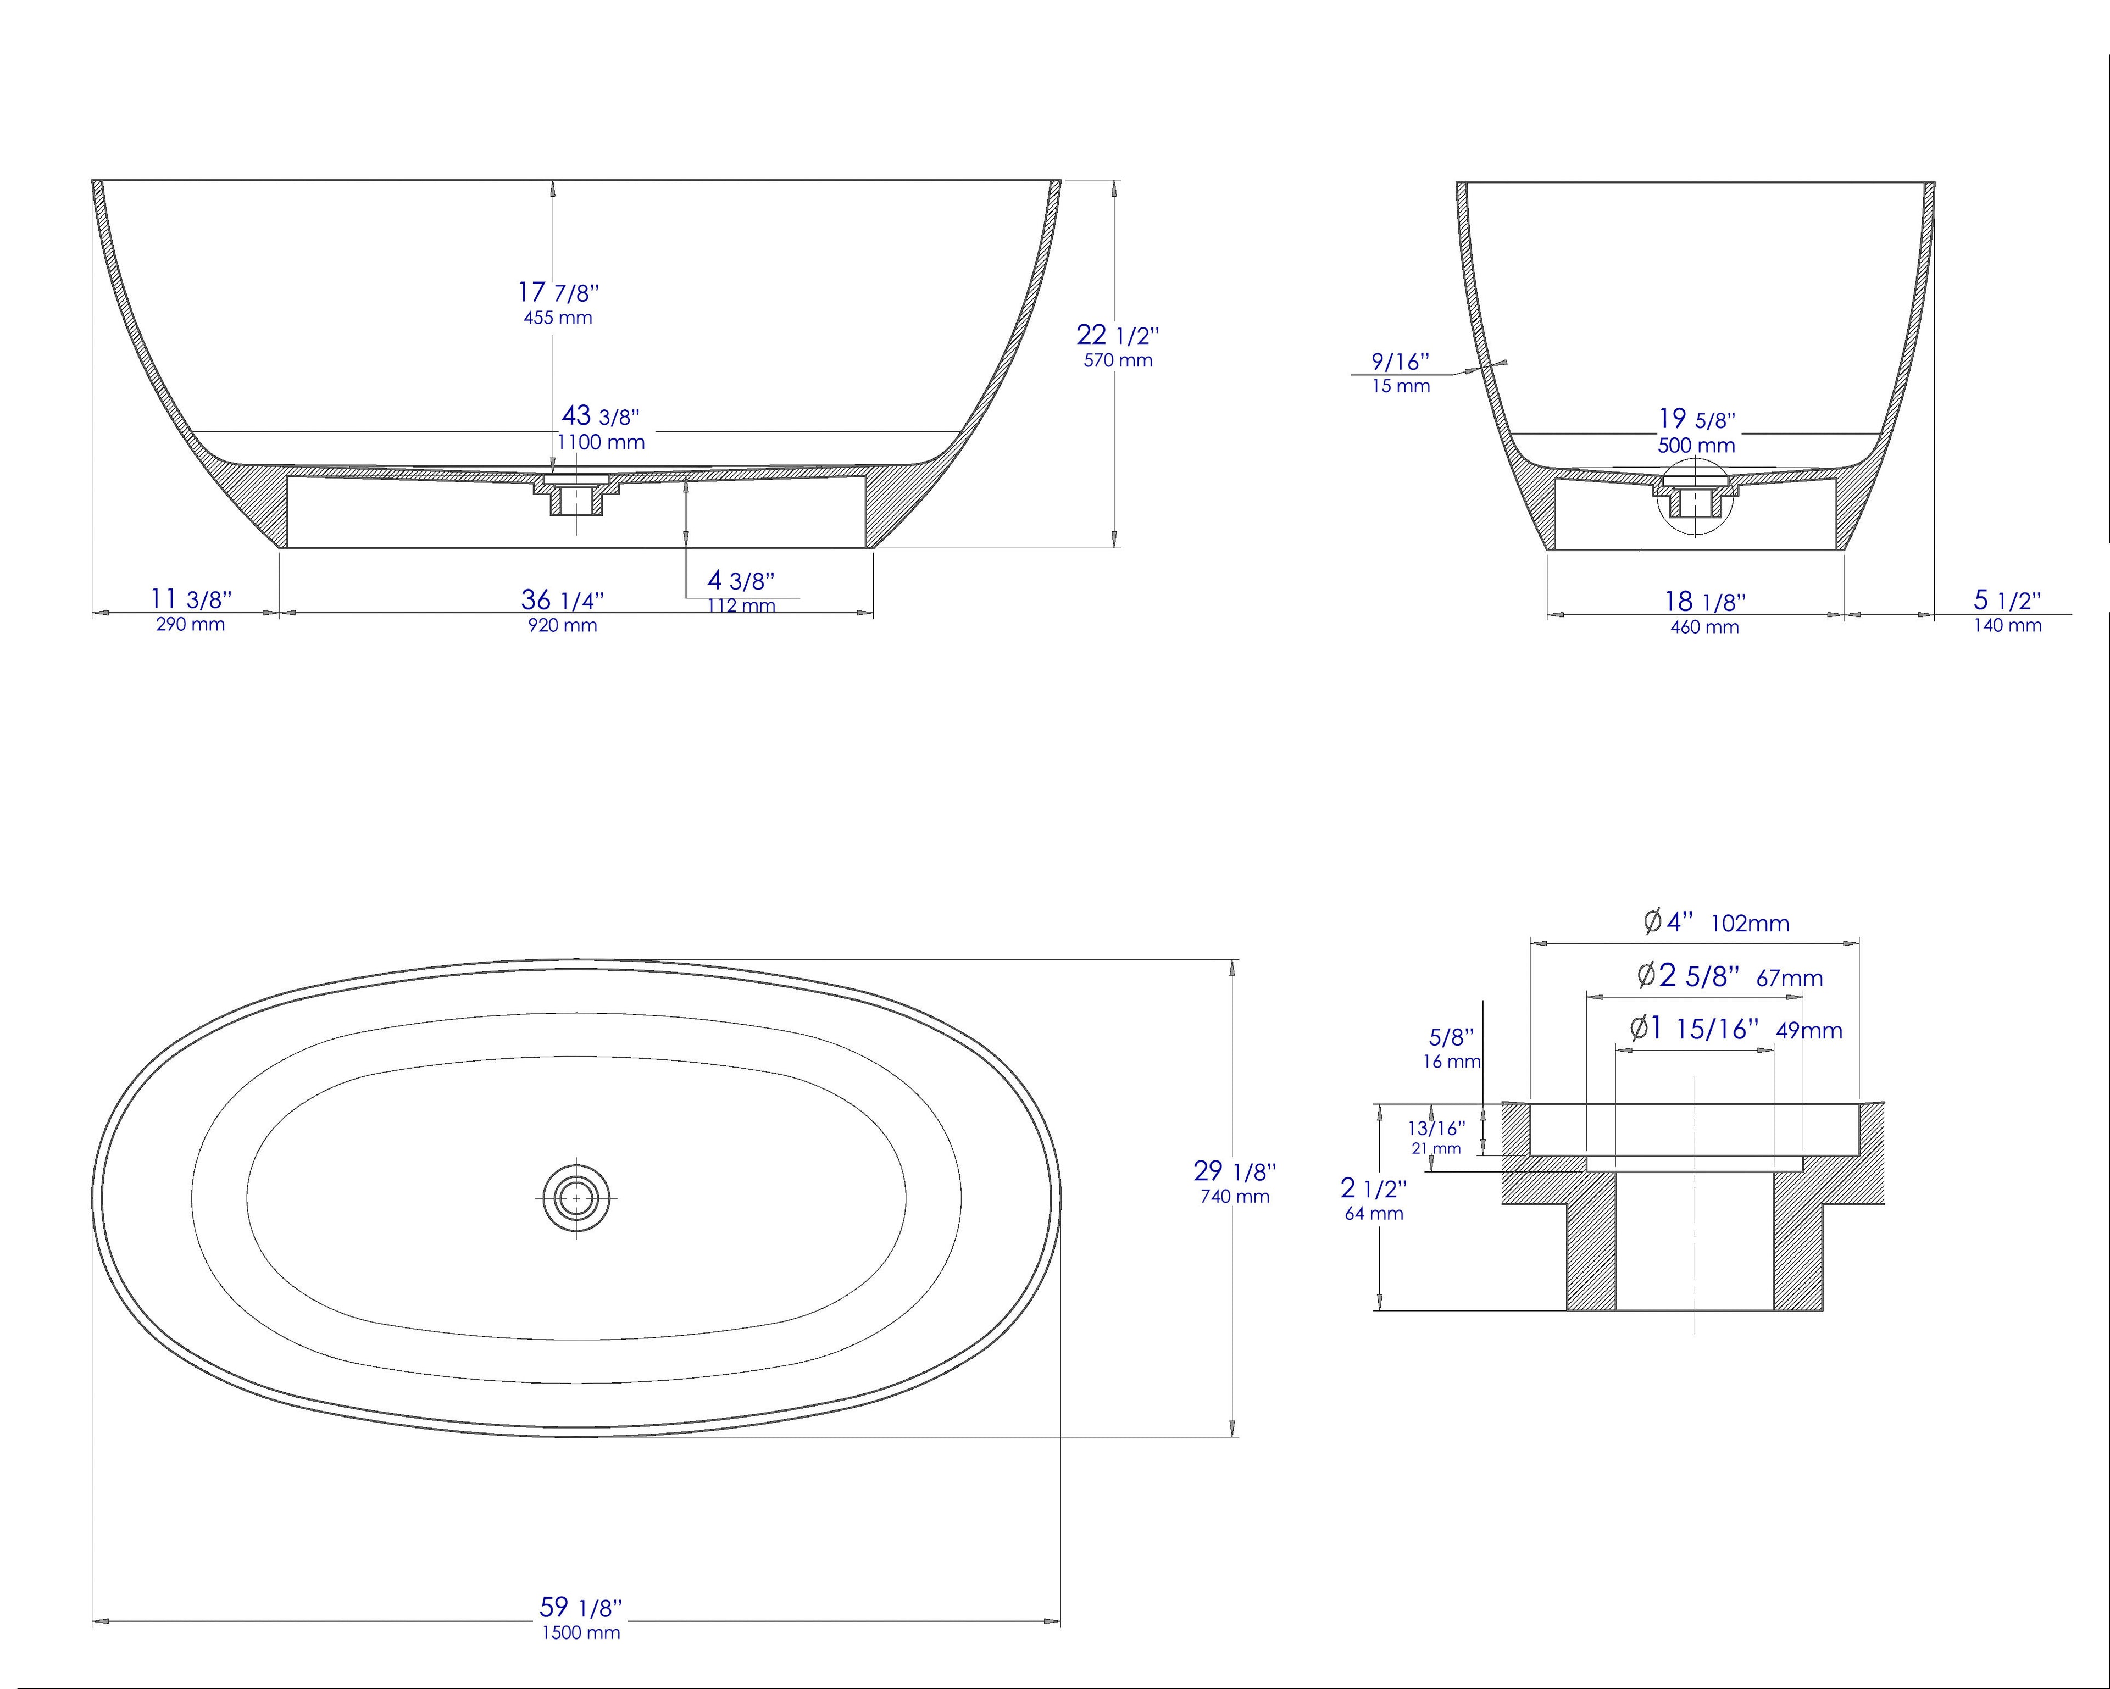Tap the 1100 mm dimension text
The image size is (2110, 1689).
pyautogui.click(x=601, y=442)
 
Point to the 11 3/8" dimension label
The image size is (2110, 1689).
pyautogui.click(x=191, y=599)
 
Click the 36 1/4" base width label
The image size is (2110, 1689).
pyautogui.click(x=563, y=599)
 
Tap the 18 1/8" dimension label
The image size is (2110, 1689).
pyautogui.click(x=1705, y=602)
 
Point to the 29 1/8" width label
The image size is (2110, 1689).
pyautogui.click(x=1234, y=1170)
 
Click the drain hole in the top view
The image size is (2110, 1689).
pyautogui.click(x=576, y=1197)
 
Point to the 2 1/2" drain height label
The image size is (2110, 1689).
pyautogui.click(x=1373, y=1189)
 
